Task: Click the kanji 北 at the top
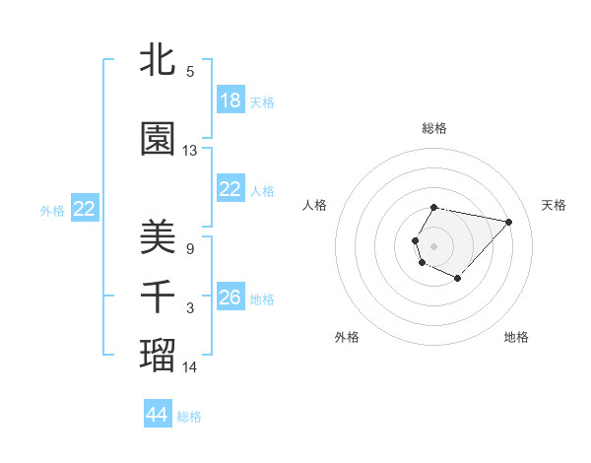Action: (158, 60)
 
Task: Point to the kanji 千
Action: (158, 297)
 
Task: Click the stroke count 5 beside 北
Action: (190, 72)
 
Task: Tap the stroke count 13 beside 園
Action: (190, 151)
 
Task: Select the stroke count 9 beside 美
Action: (190, 249)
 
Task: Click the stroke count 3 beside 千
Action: (190, 308)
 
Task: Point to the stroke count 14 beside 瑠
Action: (190, 367)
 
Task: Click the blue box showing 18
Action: (230, 100)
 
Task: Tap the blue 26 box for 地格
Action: (230, 298)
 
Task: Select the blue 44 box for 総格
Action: (158, 415)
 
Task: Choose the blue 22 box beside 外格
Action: (85, 209)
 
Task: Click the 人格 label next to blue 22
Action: (262, 190)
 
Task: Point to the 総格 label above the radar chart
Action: (433, 128)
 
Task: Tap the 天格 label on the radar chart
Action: (554, 205)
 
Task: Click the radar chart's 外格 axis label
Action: (347, 337)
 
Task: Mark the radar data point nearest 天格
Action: (508, 222)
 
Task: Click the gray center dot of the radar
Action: (433, 245)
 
